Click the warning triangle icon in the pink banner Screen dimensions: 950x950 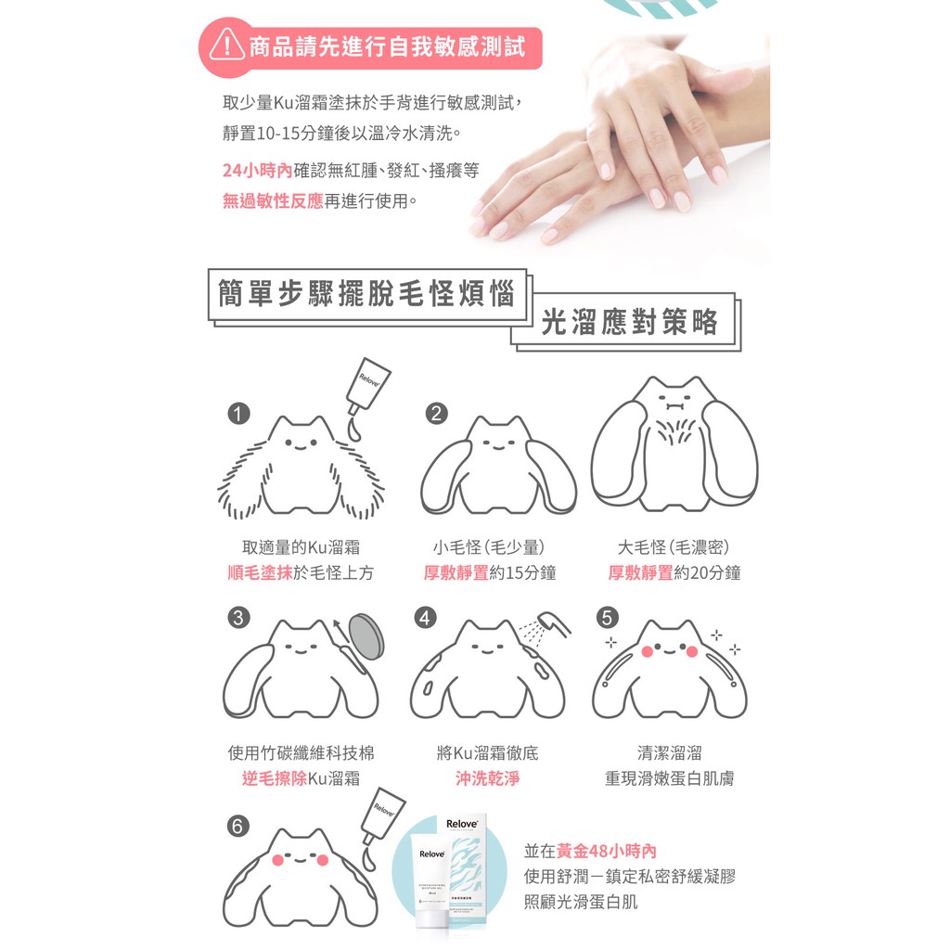tap(227, 45)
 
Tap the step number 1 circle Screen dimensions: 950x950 tap(238, 414)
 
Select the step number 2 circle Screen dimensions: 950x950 tap(437, 413)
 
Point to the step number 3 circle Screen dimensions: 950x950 tap(238, 617)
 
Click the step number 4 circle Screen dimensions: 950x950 tap(425, 617)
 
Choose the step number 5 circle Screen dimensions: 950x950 tap(608, 617)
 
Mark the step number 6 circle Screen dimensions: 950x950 tap(238, 826)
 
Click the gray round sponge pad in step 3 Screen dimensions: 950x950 tap(366, 636)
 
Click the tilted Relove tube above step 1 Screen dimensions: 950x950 tap(368, 386)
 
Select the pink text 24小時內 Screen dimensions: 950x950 tap(258, 171)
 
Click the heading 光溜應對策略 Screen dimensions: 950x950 tap(630, 321)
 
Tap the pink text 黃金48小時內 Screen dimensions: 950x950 tap(607, 851)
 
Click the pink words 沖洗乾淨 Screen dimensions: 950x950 tap(488, 778)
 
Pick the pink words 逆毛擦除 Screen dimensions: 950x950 tap(275, 778)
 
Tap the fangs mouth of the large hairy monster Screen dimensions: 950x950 tap(674, 403)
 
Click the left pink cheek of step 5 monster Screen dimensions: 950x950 tap(647, 652)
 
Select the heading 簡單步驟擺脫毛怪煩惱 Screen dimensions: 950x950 tap(366, 294)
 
